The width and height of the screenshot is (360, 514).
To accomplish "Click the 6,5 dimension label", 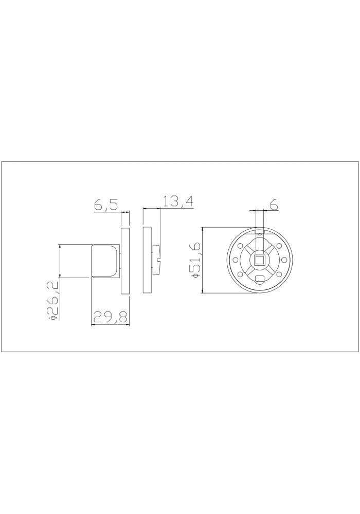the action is pos(105,205).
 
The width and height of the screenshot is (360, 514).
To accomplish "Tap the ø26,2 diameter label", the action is pos(53,300).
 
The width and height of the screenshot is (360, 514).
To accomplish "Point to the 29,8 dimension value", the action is pos(110,318).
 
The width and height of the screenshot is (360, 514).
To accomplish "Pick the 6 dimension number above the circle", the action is pos(274,205).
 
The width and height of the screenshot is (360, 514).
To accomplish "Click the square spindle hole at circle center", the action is pos(260,260).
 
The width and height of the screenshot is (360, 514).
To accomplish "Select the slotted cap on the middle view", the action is pos(156,260).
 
